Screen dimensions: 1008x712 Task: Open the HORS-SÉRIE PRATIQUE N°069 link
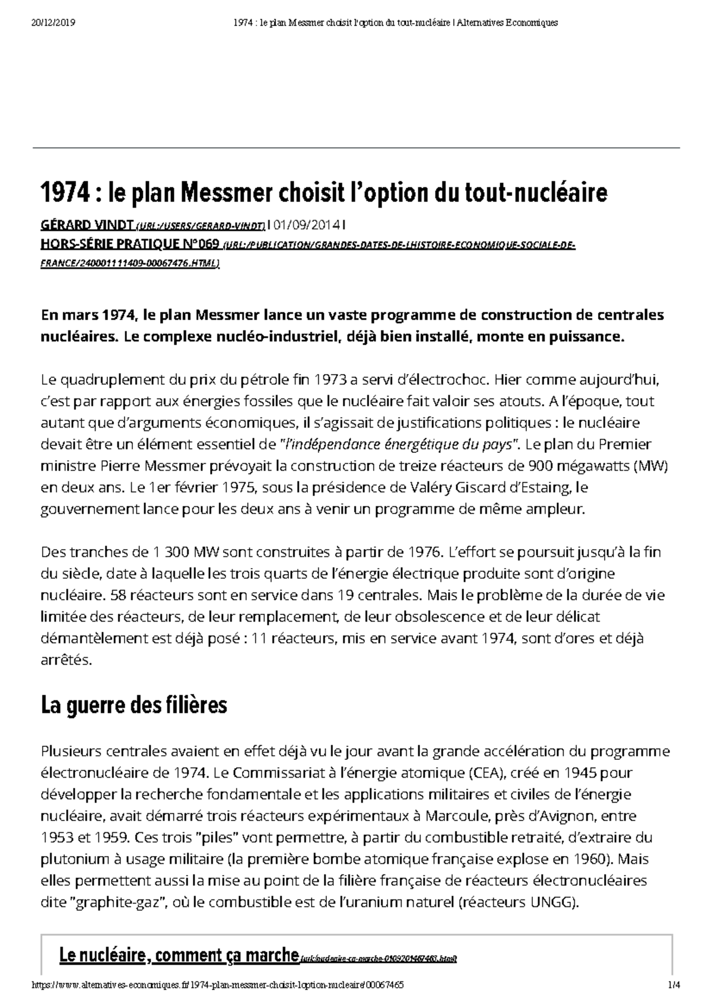[129, 244]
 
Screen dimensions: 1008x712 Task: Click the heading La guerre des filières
[133, 706]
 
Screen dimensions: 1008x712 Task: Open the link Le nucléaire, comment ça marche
[178, 955]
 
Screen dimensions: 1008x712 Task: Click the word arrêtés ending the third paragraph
[66, 660]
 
